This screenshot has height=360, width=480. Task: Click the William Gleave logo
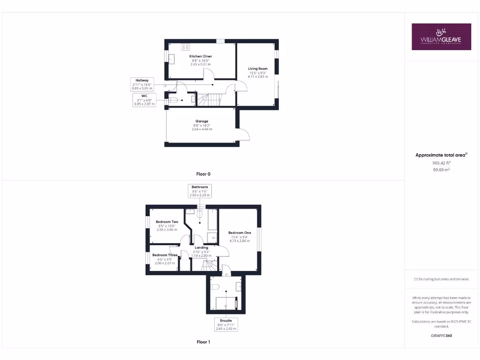(441, 37)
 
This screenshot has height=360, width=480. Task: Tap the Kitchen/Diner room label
(201, 56)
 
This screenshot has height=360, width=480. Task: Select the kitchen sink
(171, 59)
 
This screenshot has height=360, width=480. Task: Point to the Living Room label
(258, 69)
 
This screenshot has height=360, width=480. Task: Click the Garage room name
(202, 121)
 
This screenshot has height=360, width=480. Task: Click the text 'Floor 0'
(203, 174)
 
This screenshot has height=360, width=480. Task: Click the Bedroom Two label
(167, 222)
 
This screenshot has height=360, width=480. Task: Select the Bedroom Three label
(164, 255)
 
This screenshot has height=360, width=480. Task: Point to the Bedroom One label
(240, 233)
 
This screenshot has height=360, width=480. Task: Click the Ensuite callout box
(226, 324)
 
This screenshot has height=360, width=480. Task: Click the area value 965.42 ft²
(441, 163)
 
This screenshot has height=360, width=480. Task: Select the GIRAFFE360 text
(441, 336)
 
